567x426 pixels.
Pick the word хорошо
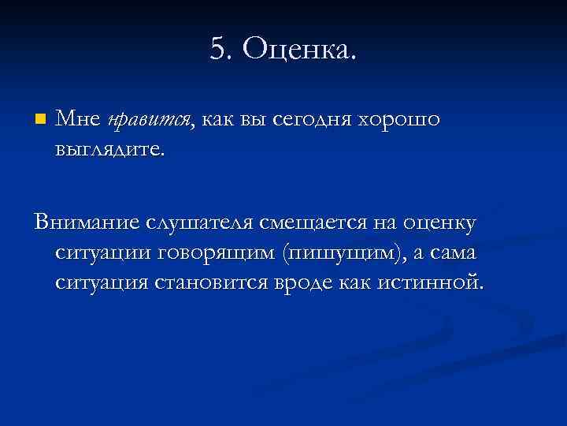tap(401, 120)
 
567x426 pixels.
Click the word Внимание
tap(87, 223)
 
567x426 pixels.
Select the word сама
tap(456, 252)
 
